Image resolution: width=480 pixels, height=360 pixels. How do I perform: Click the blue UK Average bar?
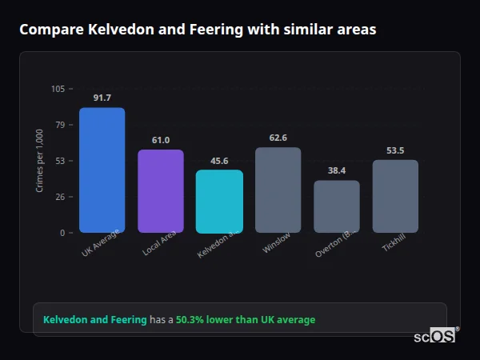click(102, 170)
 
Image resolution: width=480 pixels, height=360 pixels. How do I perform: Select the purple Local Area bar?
click(161, 191)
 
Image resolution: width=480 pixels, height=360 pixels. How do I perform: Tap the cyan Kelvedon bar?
click(219, 202)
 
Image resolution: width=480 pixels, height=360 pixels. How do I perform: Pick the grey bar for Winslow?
click(278, 190)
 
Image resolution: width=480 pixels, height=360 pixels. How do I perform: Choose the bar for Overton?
click(336, 206)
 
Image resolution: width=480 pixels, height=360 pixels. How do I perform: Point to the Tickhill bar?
click(395, 196)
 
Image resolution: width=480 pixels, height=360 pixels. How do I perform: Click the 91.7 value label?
click(102, 98)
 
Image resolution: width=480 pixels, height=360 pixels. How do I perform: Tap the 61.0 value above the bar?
click(161, 140)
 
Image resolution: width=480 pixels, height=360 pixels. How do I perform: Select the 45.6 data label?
click(219, 160)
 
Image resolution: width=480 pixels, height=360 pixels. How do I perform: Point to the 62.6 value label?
click(278, 138)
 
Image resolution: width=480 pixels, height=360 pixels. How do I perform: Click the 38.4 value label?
click(336, 170)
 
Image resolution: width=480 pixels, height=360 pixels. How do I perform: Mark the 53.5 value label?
click(395, 150)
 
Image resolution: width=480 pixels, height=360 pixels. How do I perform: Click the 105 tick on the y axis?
click(58, 89)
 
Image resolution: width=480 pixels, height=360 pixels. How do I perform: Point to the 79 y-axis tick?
click(60, 125)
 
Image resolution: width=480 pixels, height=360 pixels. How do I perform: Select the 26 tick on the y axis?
click(60, 197)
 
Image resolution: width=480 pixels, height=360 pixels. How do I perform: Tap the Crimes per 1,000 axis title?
click(39, 161)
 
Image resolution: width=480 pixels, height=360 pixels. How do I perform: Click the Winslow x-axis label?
click(277, 244)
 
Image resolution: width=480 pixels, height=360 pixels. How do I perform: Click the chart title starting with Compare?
click(198, 30)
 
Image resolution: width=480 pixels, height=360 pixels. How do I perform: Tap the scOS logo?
click(434, 337)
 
